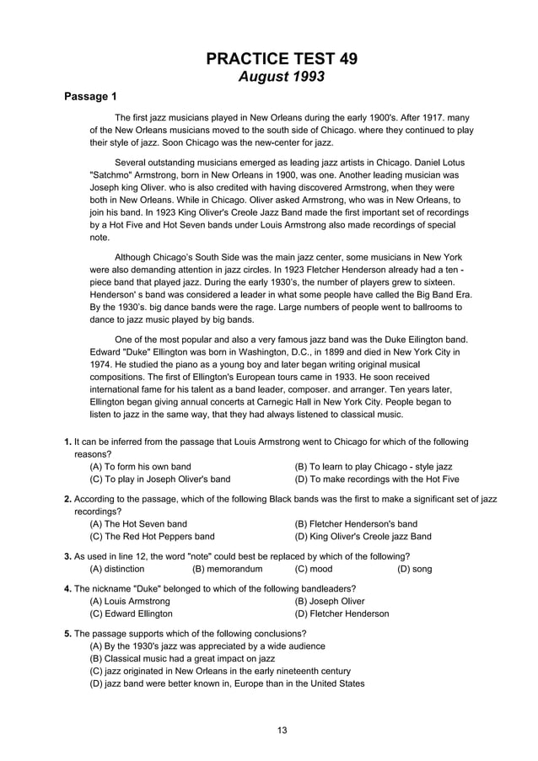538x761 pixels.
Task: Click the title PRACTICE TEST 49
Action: click(x=282, y=58)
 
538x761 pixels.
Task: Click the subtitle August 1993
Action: click(x=282, y=77)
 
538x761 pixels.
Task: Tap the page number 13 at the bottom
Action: click(x=282, y=730)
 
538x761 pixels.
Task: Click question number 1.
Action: click(x=68, y=442)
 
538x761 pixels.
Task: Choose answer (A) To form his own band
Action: click(x=140, y=466)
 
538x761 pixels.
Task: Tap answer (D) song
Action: click(x=414, y=569)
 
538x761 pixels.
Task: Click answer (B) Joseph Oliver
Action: click(x=329, y=601)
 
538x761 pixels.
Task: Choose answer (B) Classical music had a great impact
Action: click(x=183, y=658)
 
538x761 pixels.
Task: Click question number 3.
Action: click(x=68, y=556)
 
